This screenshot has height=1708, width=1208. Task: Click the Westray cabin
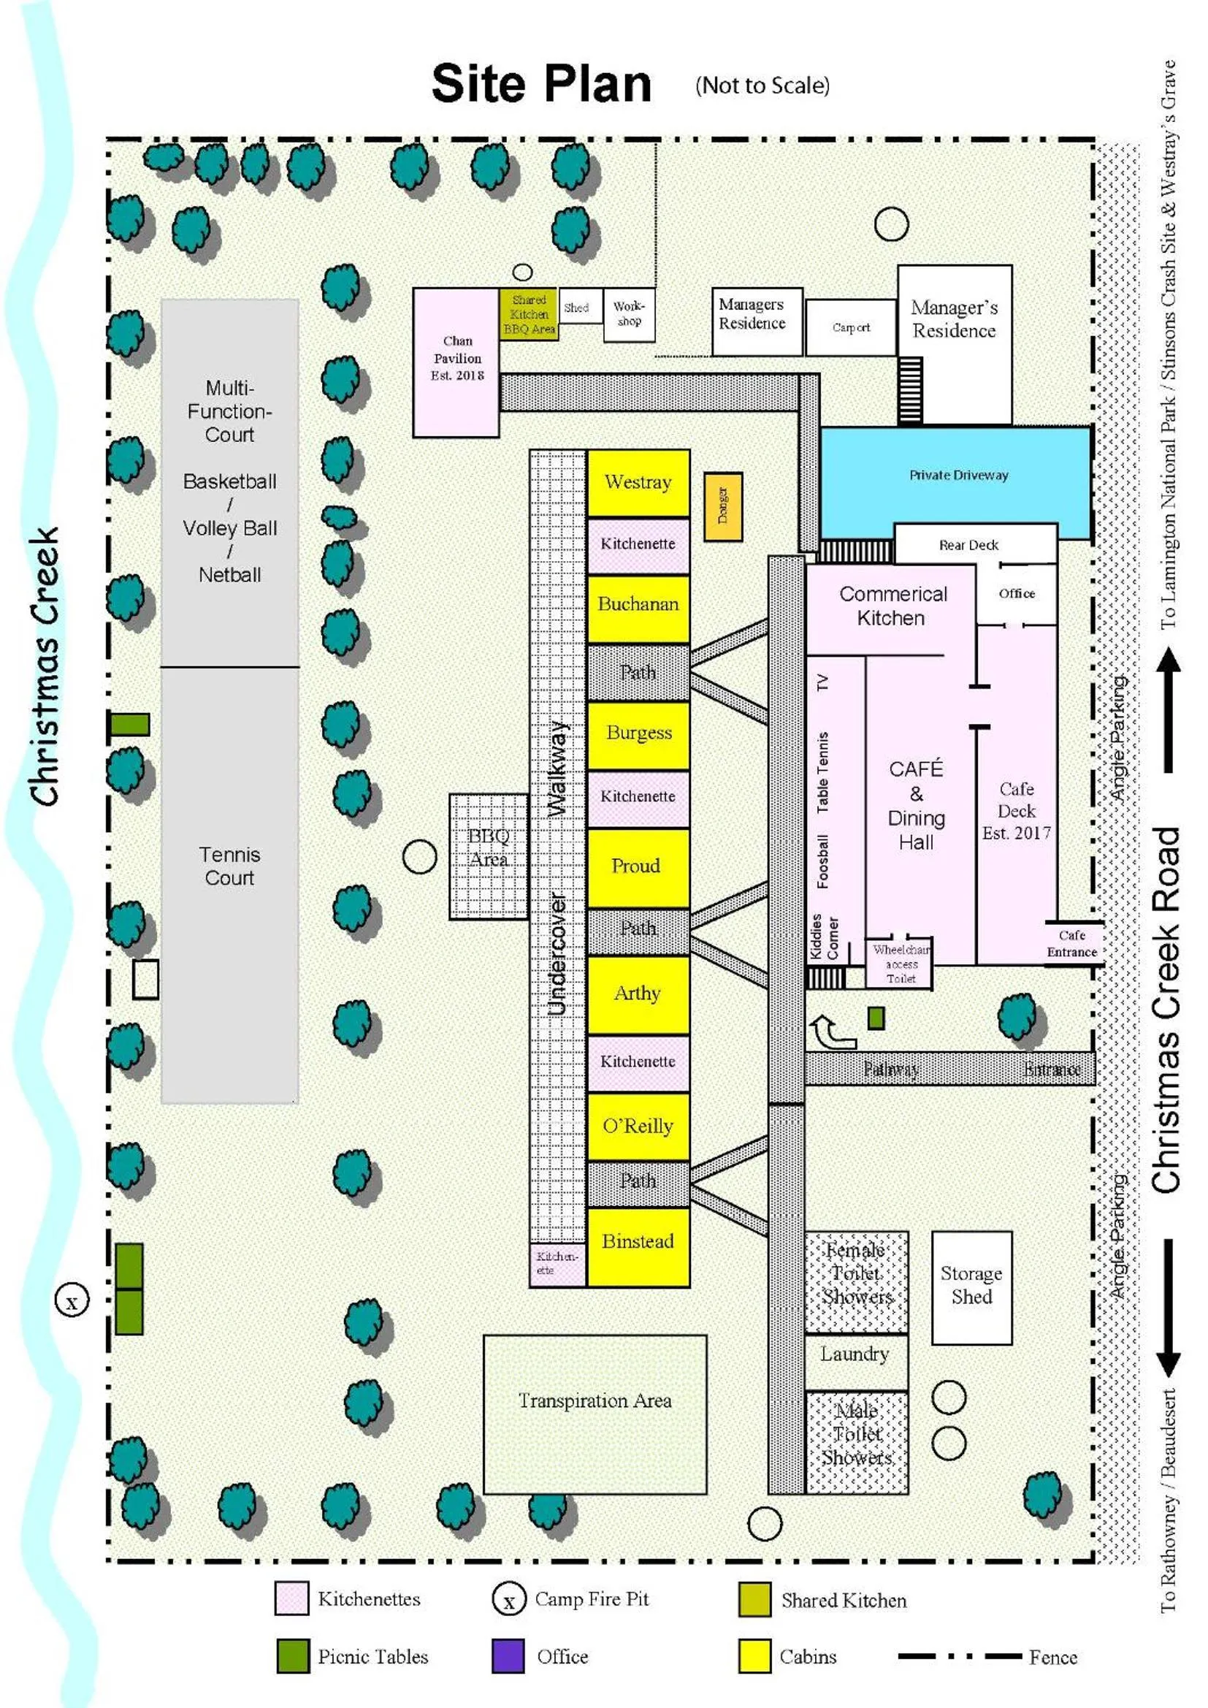pos(638,483)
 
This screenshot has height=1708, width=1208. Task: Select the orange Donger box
pos(722,506)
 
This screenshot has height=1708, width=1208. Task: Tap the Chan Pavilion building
pos(456,362)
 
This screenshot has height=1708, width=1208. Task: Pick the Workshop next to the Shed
pos(629,315)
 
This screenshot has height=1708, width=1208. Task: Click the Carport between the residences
pos(850,327)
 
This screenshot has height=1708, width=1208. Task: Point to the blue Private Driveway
pos(957,476)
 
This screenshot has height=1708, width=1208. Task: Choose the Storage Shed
pos(971,1287)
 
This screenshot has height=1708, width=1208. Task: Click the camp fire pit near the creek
pos(72,1302)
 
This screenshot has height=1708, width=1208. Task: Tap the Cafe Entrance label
pos(1071,943)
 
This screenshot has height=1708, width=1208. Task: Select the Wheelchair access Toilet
pos(900,964)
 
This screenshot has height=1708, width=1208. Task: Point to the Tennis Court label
pos(229,865)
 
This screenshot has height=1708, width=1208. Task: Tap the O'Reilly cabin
pos(638,1126)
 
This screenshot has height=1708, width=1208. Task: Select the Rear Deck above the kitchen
pos(968,544)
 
